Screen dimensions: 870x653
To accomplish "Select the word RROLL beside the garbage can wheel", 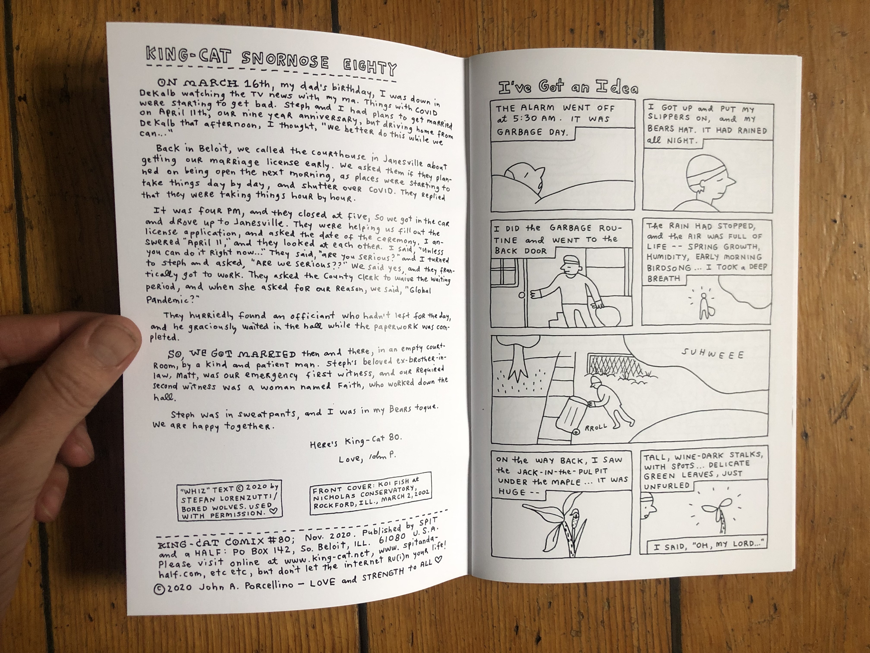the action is pyautogui.click(x=596, y=427).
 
